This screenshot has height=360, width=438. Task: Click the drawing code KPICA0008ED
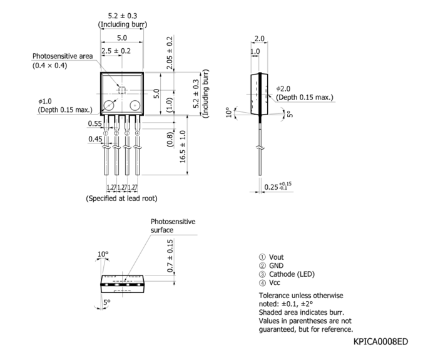click(x=380, y=342)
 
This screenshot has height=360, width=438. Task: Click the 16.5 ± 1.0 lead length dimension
click(x=183, y=147)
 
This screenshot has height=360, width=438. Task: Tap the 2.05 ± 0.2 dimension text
click(x=170, y=53)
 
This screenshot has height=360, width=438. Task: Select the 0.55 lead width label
click(x=94, y=123)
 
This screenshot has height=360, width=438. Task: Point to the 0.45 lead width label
click(x=95, y=139)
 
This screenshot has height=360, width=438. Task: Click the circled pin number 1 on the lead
click(x=106, y=133)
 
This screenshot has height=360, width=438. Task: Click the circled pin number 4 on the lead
click(x=138, y=133)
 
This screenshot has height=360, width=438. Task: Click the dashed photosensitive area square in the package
click(x=122, y=90)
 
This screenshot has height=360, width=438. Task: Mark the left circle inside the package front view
click(x=109, y=105)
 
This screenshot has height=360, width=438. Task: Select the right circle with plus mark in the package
click(x=135, y=105)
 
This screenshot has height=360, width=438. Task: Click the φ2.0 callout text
click(x=283, y=89)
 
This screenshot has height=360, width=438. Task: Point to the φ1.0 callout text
click(x=44, y=101)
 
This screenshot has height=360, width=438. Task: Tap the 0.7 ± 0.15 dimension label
click(x=170, y=255)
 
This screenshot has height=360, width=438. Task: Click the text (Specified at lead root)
click(x=121, y=198)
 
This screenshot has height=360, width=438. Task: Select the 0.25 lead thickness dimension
click(x=278, y=187)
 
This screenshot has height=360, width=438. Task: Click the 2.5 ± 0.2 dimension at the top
click(x=116, y=51)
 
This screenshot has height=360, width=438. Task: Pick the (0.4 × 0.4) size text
click(x=49, y=66)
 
